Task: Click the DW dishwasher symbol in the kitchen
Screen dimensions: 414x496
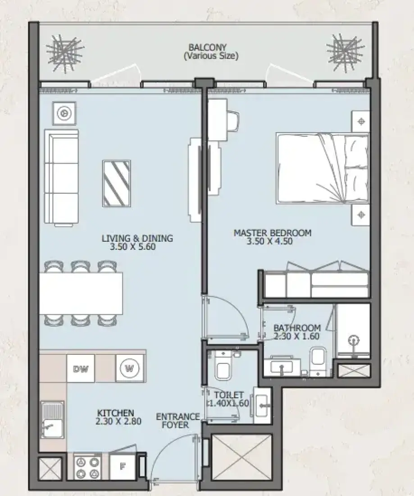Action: [x=80, y=368]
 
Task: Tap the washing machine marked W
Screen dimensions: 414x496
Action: [x=130, y=368]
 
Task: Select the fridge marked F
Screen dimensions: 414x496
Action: [x=122, y=467]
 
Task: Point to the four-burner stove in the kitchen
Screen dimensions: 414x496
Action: [x=88, y=468]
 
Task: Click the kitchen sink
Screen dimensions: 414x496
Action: [x=52, y=420]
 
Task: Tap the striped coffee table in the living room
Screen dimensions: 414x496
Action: [x=116, y=184]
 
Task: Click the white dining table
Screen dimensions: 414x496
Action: [x=81, y=293]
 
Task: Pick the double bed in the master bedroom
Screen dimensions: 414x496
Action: [x=323, y=168]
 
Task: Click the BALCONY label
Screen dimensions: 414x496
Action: [x=208, y=47]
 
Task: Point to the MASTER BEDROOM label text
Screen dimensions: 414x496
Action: [x=273, y=233]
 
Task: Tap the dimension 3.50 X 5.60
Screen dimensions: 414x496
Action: [x=133, y=246]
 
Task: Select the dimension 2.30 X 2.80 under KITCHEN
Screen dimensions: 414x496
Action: [x=118, y=421]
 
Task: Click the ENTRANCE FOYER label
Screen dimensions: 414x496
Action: [x=177, y=421]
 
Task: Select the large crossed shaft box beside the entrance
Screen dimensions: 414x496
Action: [x=241, y=458]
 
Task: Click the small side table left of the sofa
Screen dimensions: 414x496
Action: [x=64, y=113]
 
